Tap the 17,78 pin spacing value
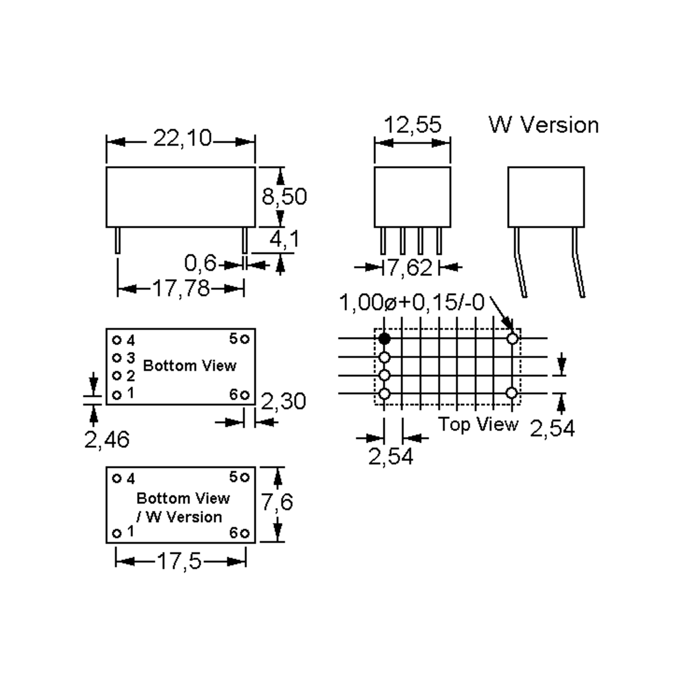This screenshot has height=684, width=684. [181, 288]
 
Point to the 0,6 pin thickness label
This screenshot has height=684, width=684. [200, 263]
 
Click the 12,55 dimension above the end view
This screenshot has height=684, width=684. [412, 125]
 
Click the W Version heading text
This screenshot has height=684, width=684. [543, 125]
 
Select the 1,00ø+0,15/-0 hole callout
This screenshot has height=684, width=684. [411, 303]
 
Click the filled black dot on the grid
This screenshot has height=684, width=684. [384, 339]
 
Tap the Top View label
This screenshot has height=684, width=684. [478, 424]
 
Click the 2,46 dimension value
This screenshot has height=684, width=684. [107, 440]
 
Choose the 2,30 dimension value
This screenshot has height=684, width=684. [283, 402]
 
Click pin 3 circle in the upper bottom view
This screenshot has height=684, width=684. [117, 358]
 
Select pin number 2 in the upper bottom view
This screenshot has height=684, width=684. [131, 376]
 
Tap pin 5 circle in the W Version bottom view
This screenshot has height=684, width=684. [245, 478]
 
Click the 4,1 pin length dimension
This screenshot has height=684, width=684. [284, 239]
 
